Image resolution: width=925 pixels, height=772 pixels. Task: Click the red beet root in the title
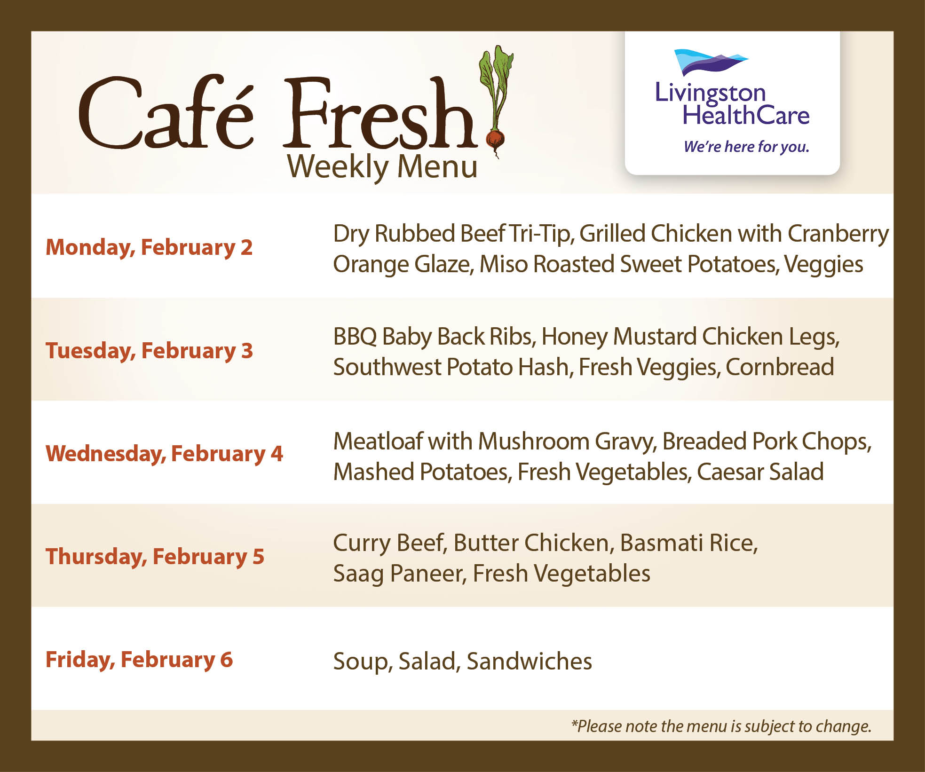coord(495,139)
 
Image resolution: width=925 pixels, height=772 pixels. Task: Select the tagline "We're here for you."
coord(746,147)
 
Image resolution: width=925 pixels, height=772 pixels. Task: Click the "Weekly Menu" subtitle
coord(382,167)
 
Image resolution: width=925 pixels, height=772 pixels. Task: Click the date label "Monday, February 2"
coord(149,248)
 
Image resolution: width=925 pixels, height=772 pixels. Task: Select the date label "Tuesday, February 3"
coord(149,351)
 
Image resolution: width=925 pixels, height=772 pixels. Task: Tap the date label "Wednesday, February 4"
coord(164,454)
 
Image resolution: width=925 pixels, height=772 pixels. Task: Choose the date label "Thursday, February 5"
coord(155,557)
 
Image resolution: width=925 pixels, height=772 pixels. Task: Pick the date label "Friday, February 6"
coord(139,660)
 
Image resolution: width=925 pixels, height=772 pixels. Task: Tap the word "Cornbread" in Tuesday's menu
coord(780,367)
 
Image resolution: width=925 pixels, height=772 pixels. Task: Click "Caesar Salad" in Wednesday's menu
coord(760,472)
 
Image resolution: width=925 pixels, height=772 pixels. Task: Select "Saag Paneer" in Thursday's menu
coord(400,574)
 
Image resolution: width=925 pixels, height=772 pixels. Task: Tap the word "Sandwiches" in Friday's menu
coord(529,661)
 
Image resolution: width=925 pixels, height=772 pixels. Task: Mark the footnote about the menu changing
coord(721,726)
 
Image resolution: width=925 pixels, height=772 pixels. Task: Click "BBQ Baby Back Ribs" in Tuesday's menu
coord(432,337)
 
